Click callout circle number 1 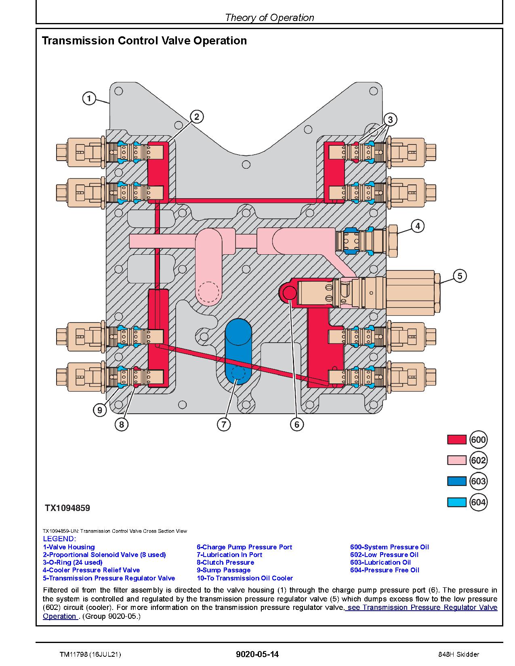pos(89,98)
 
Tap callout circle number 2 pos(196,117)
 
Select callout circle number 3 pos(390,119)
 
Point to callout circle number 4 pos(418,226)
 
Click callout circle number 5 pos(460,276)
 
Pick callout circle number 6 pos(296,424)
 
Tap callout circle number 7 pos(224,424)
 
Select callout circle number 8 pos(121,424)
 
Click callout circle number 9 pos(99,410)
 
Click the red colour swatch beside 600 pos(456,440)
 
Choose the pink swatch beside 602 pos(456,461)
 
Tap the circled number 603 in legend pos(478,481)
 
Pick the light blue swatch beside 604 pos(456,502)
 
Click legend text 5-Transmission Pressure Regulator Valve pos(109,578)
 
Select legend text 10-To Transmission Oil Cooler pos(245,578)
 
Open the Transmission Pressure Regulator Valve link pos(422,607)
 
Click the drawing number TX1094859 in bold pos(67,508)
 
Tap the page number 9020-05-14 pos(257,654)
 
